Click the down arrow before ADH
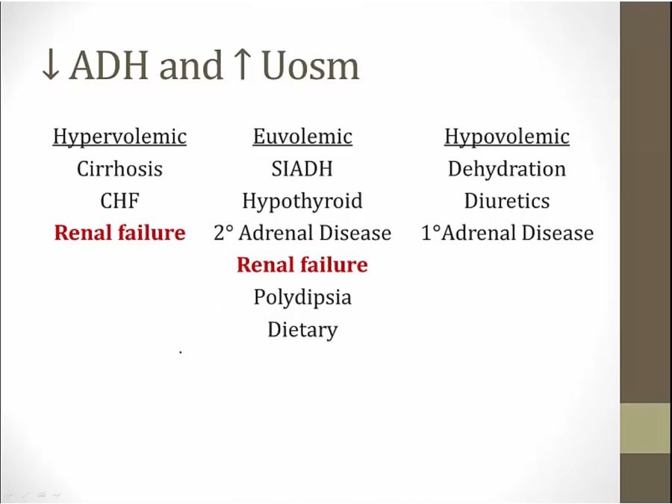tap(51, 65)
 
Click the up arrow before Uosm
tap(243, 65)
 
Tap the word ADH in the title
tap(109, 66)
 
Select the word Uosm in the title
tap(311, 66)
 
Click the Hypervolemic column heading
tap(119, 137)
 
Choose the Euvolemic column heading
tap(302, 137)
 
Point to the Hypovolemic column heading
tap(507, 137)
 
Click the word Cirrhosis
tap(119, 169)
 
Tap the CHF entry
tap(119, 201)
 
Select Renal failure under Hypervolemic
tap(119, 233)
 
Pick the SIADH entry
tap(302, 169)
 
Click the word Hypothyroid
tap(302, 202)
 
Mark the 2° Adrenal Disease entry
tap(302, 233)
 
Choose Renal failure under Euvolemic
tap(302, 265)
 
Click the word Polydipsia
tap(302, 297)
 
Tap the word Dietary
tap(302, 330)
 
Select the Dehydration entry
tap(507, 169)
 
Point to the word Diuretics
tap(507, 201)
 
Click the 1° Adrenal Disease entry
tap(508, 233)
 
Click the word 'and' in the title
tap(191, 66)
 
